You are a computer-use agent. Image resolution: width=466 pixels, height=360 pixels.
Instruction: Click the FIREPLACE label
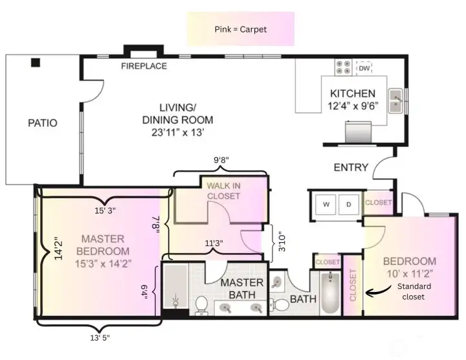(x=144, y=66)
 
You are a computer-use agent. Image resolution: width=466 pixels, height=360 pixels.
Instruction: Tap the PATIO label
(x=42, y=122)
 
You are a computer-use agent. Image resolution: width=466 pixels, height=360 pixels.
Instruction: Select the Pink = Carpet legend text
(x=240, y=30)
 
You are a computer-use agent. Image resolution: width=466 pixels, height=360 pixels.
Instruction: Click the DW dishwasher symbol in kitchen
(x=364, y=67)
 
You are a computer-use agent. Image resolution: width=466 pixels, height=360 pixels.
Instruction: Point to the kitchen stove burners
(x=343, y=67)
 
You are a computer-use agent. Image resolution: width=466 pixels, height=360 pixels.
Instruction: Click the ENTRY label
(x=351, y=168)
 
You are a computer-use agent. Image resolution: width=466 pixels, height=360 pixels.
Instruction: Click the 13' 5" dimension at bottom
(x=99, y=337)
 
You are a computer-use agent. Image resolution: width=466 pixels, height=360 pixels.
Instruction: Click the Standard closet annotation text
(x=414, y=291)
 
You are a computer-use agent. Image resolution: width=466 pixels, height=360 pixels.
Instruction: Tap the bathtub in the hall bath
(x=329, y=293)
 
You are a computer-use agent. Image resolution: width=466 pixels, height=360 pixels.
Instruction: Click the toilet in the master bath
(x=201, y=304)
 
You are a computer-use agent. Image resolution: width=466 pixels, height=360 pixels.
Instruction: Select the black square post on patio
(x=36, y=63)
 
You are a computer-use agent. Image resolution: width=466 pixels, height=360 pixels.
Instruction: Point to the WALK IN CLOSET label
(x=223, y=191)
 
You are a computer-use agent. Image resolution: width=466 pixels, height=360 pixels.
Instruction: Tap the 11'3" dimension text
(x=214, y=243)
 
